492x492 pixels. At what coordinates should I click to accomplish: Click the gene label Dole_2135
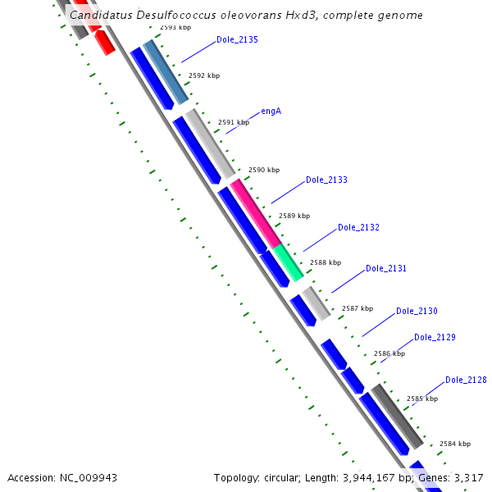[237, 39]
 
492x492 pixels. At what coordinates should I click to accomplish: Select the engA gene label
[271, 111]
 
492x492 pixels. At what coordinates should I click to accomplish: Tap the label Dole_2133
[326, 180]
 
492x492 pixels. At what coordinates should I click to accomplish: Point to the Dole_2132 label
[358, 227]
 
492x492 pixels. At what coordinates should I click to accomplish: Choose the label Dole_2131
[385, 268]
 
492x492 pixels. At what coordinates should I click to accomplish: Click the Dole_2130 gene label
[417, 311]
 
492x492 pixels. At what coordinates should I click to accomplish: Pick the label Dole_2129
[435, 337]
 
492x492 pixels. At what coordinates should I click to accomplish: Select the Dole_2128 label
[466, 380]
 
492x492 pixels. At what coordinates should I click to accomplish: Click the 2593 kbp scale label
[175, 27]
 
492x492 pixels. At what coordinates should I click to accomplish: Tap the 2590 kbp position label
[264, 170]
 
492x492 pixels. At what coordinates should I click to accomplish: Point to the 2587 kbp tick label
[358, 308]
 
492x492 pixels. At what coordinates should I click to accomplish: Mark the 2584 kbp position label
[455, 444]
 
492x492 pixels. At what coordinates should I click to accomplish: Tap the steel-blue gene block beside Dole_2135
[166, 73]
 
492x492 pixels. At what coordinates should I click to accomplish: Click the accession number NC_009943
[86, 477]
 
